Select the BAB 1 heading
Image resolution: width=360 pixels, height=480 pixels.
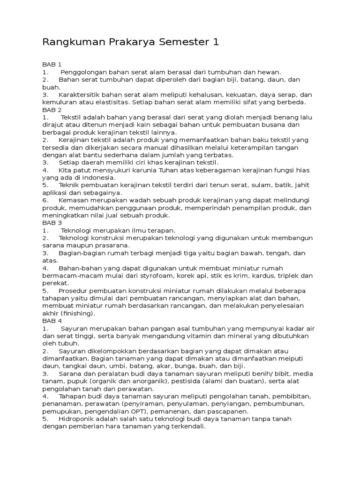52,64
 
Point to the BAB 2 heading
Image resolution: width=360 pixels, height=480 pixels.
52,109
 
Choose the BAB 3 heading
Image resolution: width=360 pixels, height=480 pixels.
52,223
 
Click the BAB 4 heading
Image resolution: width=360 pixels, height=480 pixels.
52,321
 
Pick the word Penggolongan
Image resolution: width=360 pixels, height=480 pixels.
83,72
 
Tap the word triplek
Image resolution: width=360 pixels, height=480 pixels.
287,276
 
